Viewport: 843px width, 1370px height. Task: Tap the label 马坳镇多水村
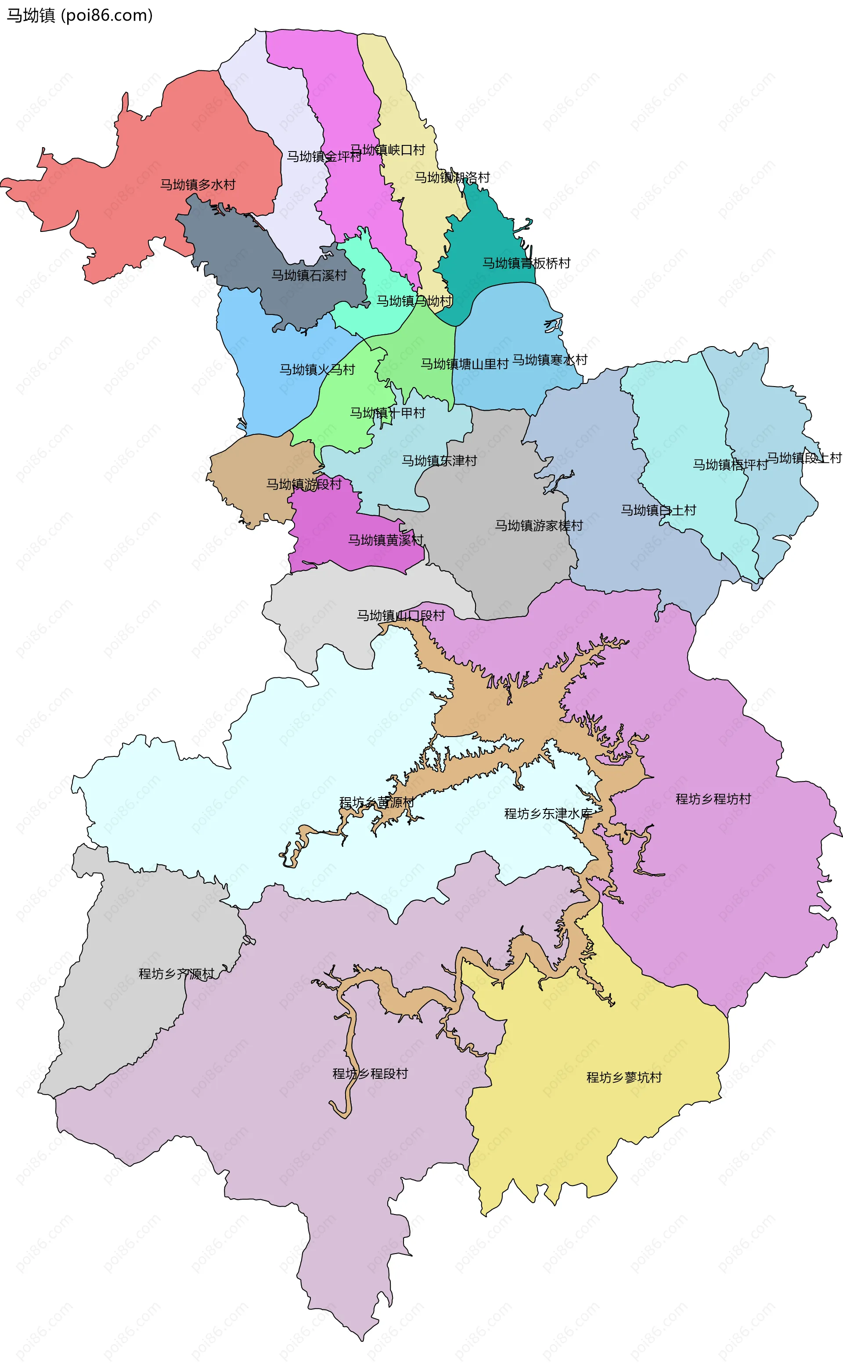coord(198,184)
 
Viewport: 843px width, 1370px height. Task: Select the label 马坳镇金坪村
coord(324,157)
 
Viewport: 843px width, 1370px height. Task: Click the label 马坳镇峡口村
coord(388,150)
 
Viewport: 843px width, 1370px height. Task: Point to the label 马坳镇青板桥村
coord(526,263)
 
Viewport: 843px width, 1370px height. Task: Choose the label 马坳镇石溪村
coord(309,275)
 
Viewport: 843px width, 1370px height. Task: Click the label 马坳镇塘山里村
coord(464,364)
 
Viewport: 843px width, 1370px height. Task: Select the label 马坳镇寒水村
coord(550,360)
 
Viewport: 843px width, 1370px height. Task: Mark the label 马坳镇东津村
coord(440,461)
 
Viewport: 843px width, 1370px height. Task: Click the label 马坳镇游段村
coord(303,484)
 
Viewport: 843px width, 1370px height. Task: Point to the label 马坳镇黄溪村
coord(386,540)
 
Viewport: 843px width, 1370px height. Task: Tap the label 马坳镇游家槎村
coord(539,526)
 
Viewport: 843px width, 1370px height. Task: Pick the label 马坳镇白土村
coord(659,510)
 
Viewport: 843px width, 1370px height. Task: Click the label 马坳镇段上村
coord(804,458)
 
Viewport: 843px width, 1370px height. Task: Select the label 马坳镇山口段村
coord(401,615)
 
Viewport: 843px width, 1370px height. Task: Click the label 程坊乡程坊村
coord(713,799)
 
